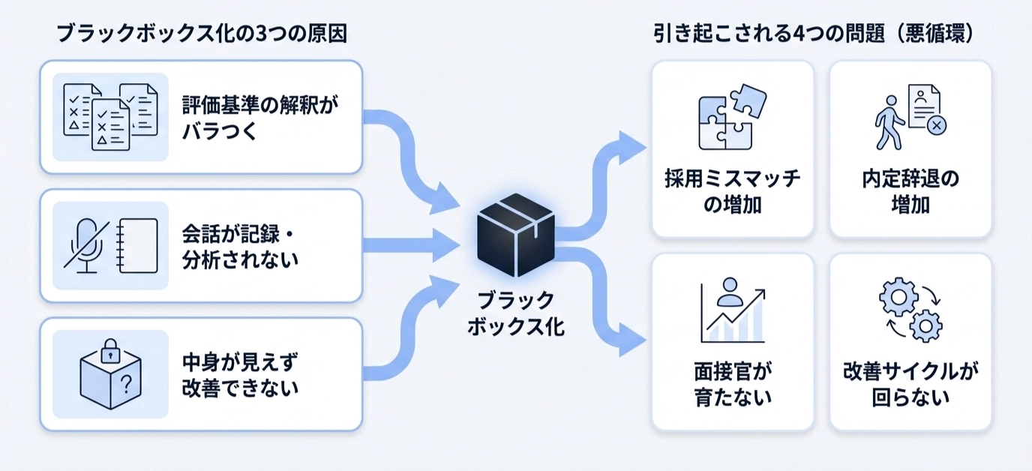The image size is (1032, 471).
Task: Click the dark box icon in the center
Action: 516,235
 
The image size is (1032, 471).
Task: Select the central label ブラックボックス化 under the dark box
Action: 516,313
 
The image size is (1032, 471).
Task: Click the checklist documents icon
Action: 110,116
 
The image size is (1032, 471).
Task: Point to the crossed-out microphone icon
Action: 85,245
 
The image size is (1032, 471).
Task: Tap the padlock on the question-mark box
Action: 111,349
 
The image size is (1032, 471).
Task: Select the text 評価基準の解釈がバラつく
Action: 259,116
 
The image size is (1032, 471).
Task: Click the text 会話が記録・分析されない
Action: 241,245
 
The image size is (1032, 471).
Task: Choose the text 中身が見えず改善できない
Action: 241,373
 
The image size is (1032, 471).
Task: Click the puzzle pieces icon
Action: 732,116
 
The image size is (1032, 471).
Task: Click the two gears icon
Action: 910,310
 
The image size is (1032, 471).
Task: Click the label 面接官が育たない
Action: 732,383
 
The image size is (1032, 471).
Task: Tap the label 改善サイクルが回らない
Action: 910,383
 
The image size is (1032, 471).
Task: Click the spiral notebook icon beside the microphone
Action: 139,245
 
